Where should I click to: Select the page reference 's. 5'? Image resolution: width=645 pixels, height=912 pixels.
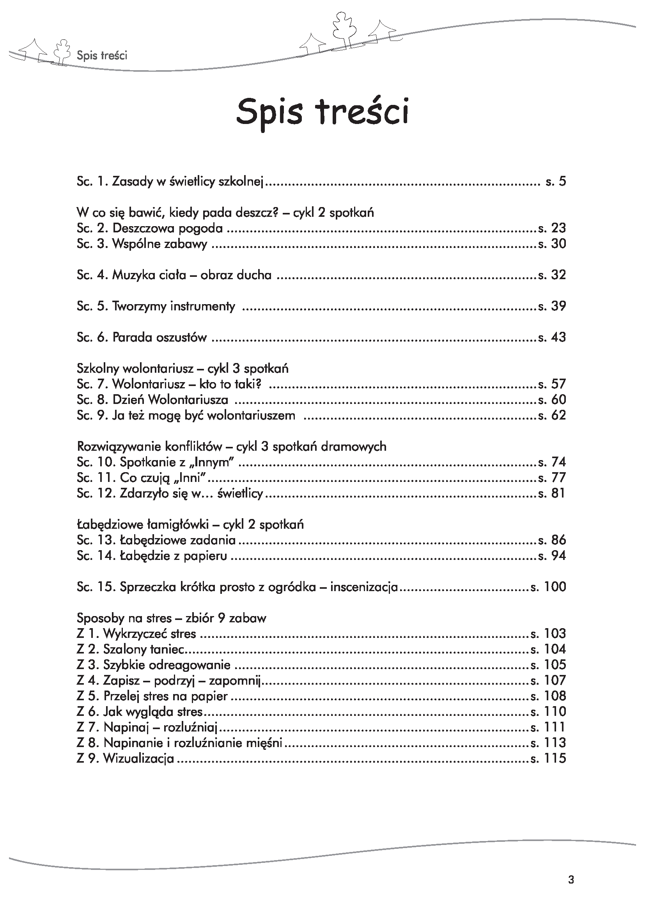coord(556,182)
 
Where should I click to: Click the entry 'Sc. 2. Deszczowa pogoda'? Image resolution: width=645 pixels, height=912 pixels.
coord(150,228)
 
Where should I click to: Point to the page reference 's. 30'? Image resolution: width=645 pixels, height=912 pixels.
coord(552,244)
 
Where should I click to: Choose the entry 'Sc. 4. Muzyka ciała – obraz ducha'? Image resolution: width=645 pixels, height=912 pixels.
coord(174,275)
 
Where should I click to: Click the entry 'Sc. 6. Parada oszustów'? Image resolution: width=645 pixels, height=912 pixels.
coord(142,338)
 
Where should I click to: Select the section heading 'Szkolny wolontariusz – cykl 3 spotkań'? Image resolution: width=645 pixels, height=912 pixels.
coord(182,368)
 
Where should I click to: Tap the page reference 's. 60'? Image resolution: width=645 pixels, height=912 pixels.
coord(552,400)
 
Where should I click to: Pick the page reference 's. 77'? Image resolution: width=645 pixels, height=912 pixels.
coord(552,478)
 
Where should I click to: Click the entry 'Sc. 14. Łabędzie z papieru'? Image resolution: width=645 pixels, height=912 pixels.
coord(152,556)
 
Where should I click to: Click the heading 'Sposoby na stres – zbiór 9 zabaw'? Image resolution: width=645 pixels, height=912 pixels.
coord(171,618)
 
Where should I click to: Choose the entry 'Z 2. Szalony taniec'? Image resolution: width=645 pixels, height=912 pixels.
coord(131,650)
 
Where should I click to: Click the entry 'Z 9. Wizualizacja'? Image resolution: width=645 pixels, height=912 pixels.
coord(126,759)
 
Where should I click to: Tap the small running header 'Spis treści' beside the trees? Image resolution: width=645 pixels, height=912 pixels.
coord(102,55)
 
